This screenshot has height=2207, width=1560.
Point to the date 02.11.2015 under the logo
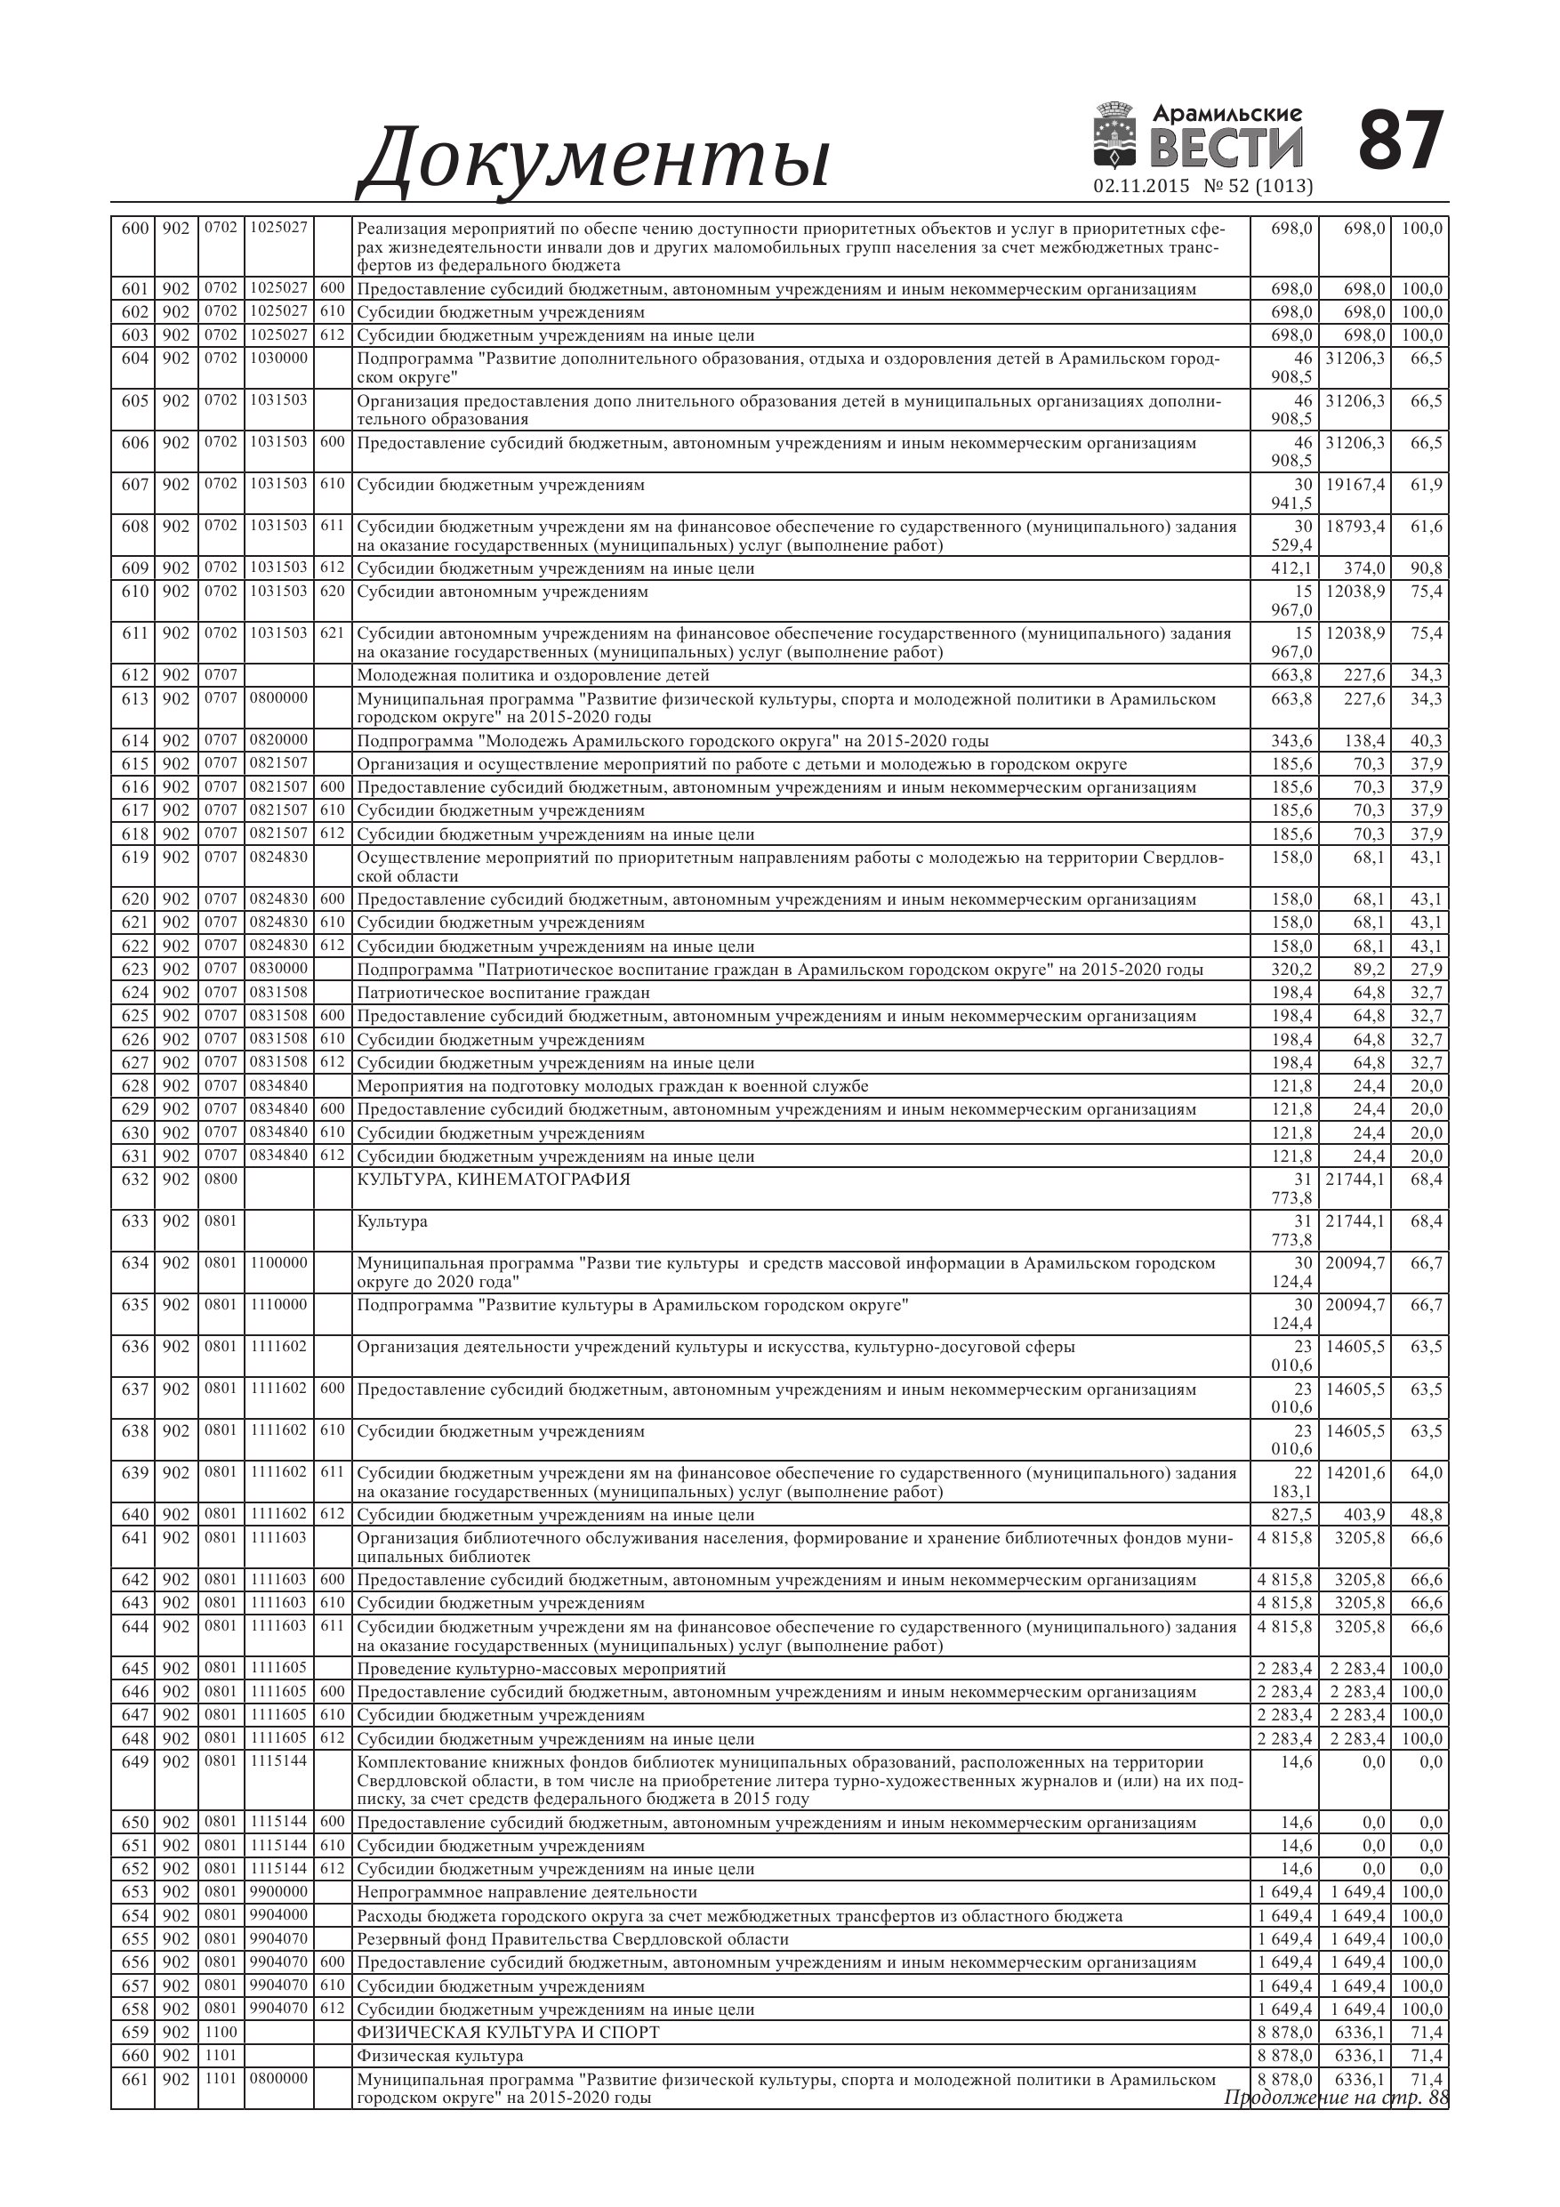coord(1141,187)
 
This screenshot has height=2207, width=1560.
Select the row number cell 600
coord(134,229)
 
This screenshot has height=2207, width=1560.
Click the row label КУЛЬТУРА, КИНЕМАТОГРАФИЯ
coord(493,1180)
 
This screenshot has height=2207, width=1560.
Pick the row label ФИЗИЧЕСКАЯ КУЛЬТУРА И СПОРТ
coord(508,2032)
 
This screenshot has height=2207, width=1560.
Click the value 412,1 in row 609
coord(1291,568)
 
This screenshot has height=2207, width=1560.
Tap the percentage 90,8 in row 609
coord(1427,568)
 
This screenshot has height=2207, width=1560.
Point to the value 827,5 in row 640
coord(1291,1514)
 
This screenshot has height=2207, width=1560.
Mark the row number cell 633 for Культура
coord(134,1220)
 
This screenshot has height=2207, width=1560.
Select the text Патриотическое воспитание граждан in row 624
coord(503,993)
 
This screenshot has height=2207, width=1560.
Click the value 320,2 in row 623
coord(1291,969)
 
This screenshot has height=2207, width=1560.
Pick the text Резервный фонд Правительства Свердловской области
coord(573,1939)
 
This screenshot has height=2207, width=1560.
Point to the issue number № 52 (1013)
coord(1258,187)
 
